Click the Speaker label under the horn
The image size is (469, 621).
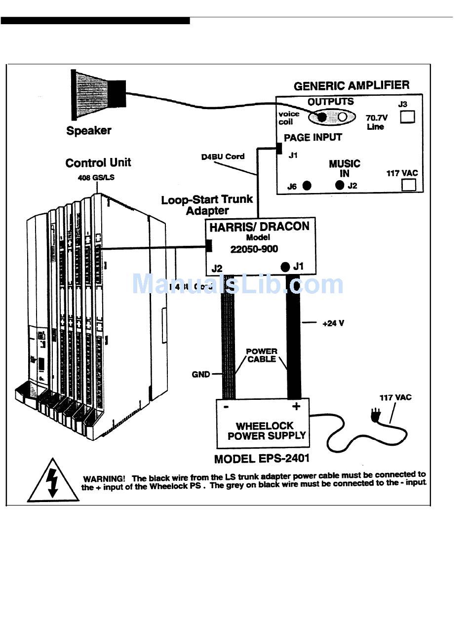[x=89, y=131]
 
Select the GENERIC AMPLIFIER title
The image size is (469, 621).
[x=352, y=86]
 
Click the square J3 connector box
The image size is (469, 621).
[x=407, y=117]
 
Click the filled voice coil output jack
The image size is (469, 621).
[x=322, y=117]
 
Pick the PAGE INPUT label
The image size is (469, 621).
[x=313, y=137]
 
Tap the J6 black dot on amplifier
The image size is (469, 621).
[x=307, y=186]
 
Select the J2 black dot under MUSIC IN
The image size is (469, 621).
[x=339, y=186]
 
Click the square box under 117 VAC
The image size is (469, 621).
[x=409, y=185]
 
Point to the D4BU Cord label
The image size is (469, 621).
[x=222, y=156]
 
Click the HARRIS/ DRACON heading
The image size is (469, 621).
[x=259, y=227]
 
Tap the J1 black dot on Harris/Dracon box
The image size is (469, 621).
[x=285, y=267]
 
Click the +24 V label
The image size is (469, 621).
[x=333, y=323]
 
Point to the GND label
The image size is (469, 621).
[x=201, y=375]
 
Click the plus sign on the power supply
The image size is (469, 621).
[x=296, y=406]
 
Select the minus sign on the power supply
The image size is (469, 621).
[x=226, y=407]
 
